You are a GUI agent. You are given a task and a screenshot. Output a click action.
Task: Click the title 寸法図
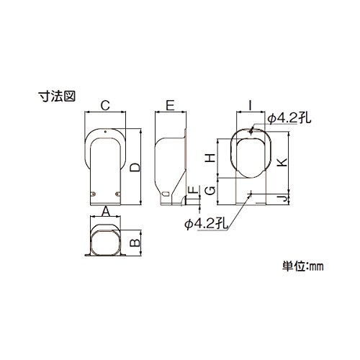(57, 96)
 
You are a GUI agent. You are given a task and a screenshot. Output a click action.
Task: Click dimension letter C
(105, 105)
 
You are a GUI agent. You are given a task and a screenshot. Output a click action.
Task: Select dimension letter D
(135, 167)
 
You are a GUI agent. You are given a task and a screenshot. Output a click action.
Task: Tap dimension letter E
(170, 105)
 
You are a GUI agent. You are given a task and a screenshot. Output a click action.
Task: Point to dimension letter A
(106, 212)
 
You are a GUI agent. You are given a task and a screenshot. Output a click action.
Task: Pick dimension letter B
(135, 243)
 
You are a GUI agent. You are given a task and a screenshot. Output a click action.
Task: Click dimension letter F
(194, 189)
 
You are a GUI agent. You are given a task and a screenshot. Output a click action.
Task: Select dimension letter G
(211, 191)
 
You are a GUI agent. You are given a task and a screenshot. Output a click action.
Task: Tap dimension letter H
(211, 158)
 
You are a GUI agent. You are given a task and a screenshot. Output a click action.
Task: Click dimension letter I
(251, 105)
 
